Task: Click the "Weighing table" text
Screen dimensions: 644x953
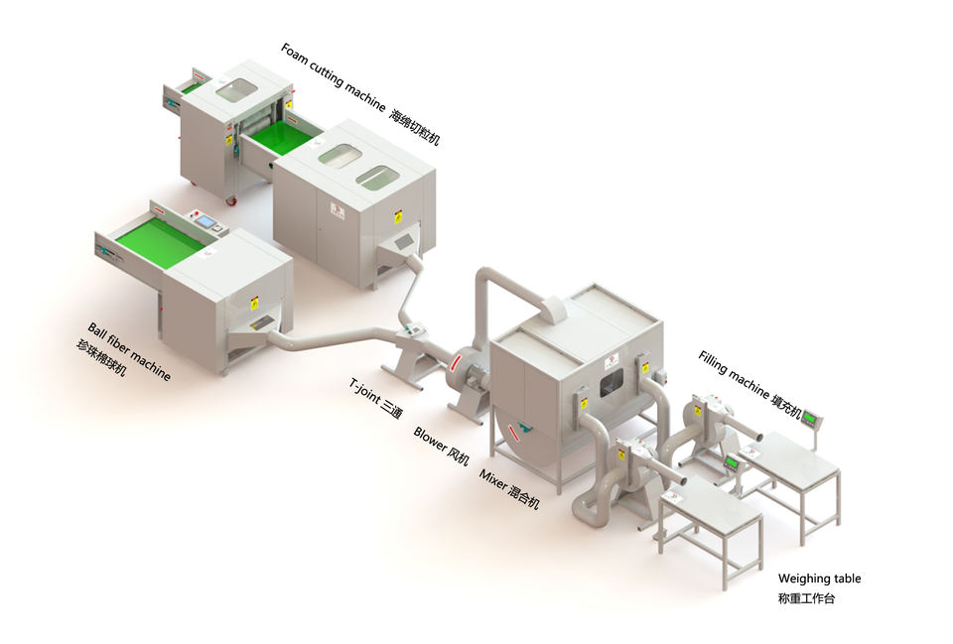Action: click(819, 579)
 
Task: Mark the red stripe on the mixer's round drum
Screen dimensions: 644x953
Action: click(515, 434)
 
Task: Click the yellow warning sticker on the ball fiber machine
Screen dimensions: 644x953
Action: click(253, 302)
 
